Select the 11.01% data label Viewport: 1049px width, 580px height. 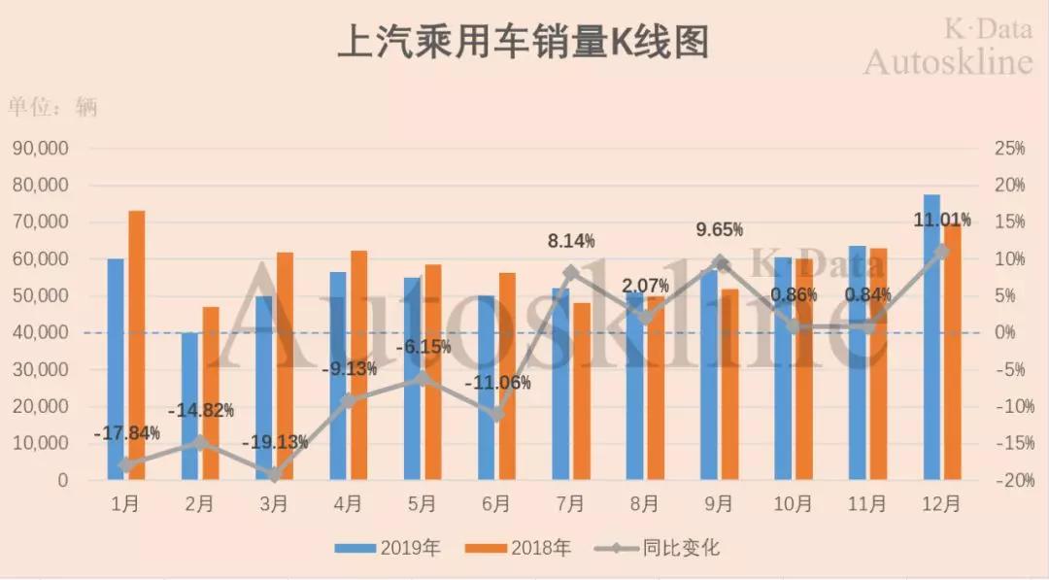[941, 219]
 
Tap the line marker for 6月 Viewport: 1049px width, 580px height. [496, 415]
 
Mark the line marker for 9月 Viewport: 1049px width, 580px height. [719, 261]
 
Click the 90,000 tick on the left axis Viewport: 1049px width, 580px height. [40, 148]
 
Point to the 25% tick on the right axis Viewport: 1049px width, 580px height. [1009, 148]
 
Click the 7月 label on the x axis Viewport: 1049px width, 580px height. [570, 504]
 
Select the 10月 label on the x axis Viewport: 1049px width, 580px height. [794, 504]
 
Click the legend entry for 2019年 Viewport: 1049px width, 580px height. [389, 548]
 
